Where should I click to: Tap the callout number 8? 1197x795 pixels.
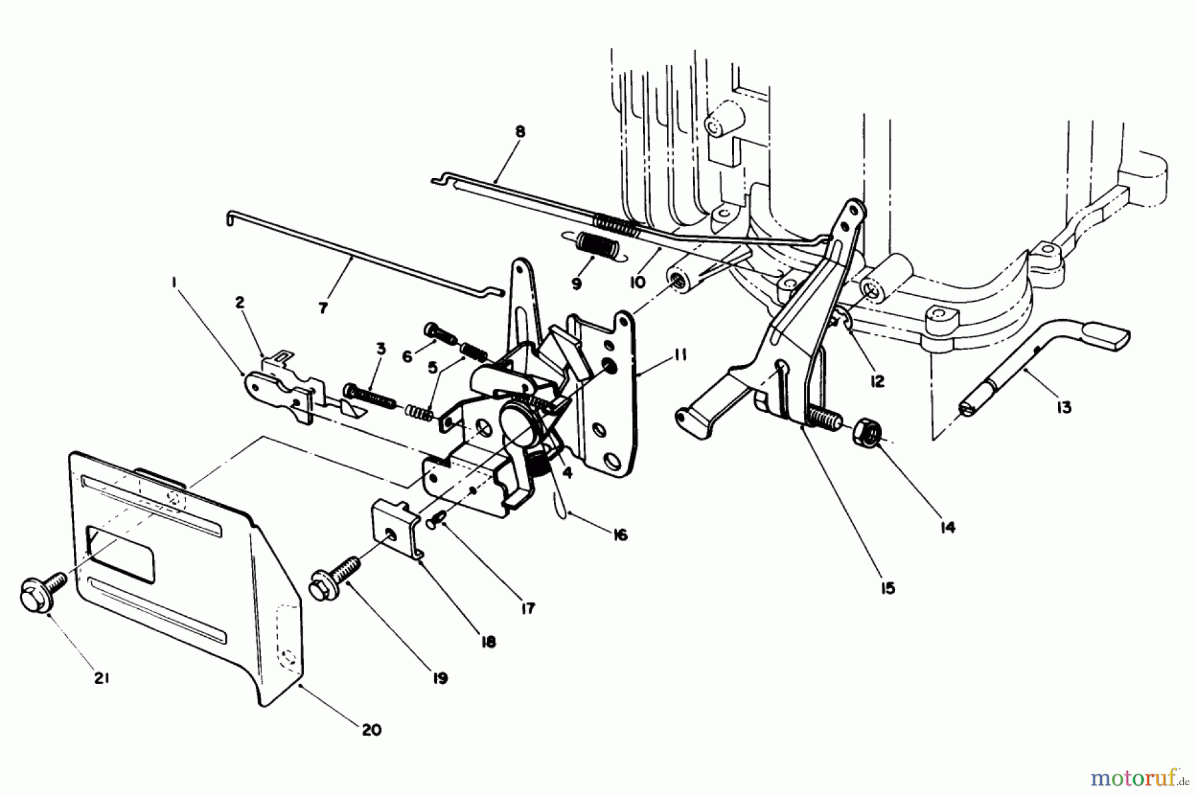click(519, 132)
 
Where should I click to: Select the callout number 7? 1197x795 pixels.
click(323, 308)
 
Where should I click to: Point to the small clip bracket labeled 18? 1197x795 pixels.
click(394, 533)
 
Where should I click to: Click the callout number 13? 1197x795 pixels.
click(1064, 407)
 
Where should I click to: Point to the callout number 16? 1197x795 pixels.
click(620, 534)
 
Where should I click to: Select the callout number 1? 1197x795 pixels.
click(174, 282)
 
